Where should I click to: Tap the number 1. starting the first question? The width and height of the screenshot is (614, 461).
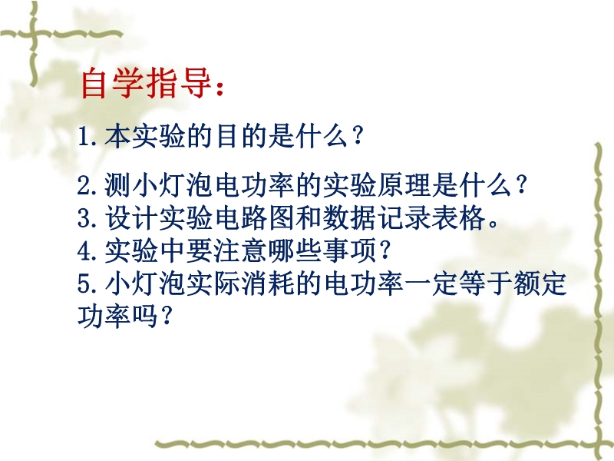click(87, 137)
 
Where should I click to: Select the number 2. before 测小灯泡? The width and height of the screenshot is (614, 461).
click(87, 185)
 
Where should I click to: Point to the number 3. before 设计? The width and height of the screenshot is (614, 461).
click(87, 218)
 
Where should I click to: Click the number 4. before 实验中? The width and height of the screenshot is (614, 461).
click(87, 250)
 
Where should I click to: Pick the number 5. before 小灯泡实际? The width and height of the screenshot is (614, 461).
click(87, 283)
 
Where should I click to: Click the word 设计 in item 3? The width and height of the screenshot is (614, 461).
click(130, 217)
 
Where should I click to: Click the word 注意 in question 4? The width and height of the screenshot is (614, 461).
click(240, 250)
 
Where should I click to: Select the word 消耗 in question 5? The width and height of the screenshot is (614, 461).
click(267, 283)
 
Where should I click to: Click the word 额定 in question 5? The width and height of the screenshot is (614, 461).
click(540, 283)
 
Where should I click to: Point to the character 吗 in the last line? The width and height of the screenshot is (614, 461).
click(145, 316)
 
